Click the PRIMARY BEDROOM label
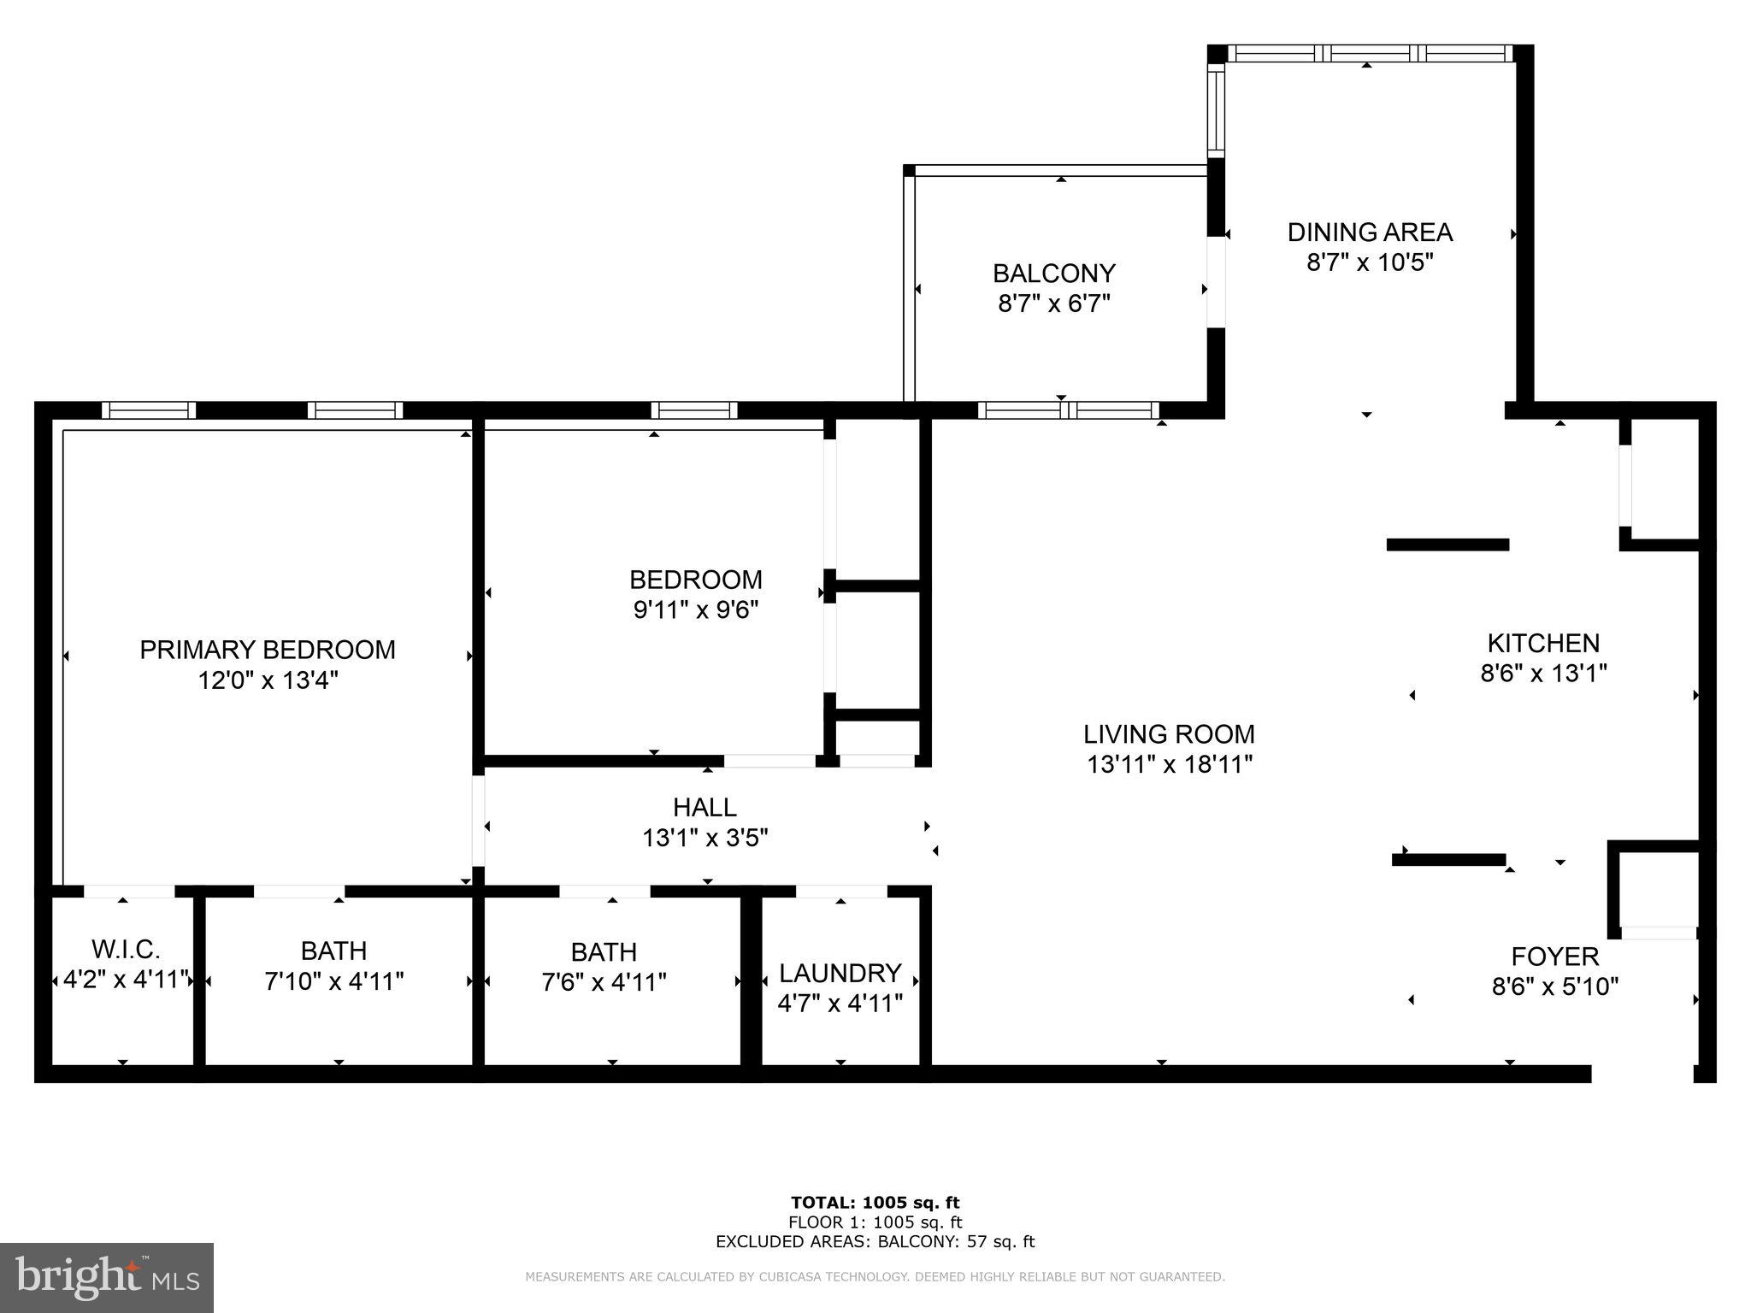(x=267, y=650)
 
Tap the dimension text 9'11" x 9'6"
(x=696, y=610)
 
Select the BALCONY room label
(x=1053, y=274)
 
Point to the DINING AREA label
(x=1370, y=233)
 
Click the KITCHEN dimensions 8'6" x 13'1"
(x=1543, y=674)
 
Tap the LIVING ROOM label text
(x=1169, y=734)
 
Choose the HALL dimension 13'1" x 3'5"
(x=705, y=838)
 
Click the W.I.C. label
(x=126, y=950)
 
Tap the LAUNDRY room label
(x=840, y=973)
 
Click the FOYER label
(x=1554, y=956)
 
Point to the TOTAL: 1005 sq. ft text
(x=875, y=1204)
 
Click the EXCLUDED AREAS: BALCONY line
(x=875, y=1242)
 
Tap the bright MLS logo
(x=107, y=1278)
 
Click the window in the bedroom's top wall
(x=693, y=410)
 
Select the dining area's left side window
(x=1216, y=111)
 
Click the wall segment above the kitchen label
(x=1447, y=545)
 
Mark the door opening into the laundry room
(x=840, y=892)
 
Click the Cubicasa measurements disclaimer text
(x=875, y=1277)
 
